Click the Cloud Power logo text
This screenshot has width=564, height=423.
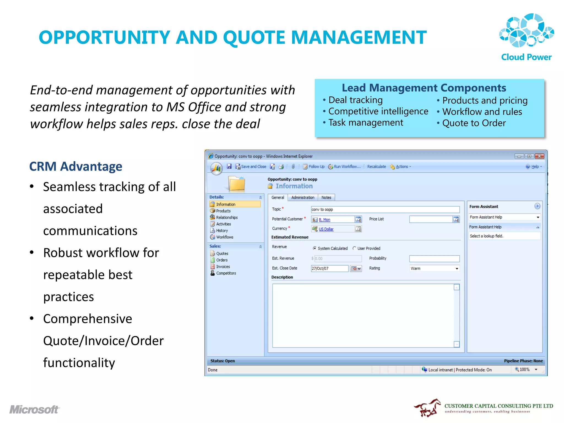(526, 57)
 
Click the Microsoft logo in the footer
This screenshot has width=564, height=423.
(34, 410)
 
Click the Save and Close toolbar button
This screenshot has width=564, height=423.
(251, 167)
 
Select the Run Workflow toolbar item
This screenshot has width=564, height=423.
(345, 167)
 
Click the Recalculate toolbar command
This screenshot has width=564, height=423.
(376, 167)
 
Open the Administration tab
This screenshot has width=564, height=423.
(303, 197)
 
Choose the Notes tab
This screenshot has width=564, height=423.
(326, 197)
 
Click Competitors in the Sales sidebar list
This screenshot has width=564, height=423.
(226, 273)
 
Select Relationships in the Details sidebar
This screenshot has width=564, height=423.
(227, 218)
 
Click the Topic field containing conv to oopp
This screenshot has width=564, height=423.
(385, 210)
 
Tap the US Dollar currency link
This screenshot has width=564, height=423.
(326, 229)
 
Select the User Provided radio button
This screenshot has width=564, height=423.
(354, 248)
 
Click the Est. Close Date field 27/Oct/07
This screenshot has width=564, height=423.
(329, 269)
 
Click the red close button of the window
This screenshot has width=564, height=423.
(539, 156)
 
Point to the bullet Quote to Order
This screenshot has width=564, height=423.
(474, 123)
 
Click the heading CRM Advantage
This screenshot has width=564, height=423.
(76, 167)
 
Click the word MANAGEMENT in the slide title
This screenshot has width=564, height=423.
(359, 37)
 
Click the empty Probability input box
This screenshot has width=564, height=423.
(434, 259)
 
